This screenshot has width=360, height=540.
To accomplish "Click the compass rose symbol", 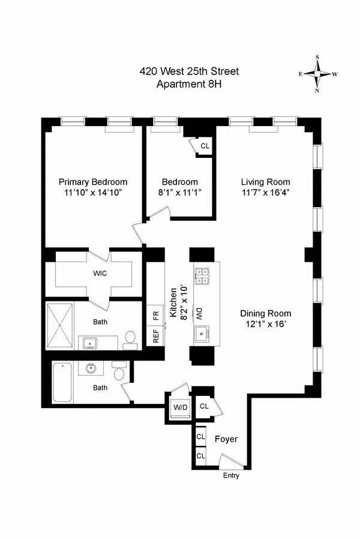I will pyautogui.click(x=317, y=74).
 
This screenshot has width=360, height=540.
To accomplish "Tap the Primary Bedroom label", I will pyautogui.click(x=93, y=182).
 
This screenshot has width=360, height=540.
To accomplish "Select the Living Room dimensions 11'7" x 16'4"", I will pyautogui.click(x=266, y=193).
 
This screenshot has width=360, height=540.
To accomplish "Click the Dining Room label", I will pyautogui.click(x=266, y=313).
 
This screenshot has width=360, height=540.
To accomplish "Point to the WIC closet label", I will pyautogui.click(x=100, y=273).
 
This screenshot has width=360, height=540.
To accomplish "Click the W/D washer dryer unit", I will pyautogui.click(x=180, y=408).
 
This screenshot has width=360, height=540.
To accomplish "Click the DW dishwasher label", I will pyautogui.click(x=199, y=313).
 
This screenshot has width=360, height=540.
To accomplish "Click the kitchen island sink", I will pyautogui.click(x=200, y=334).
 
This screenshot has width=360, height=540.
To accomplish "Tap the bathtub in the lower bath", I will pyautogui.click(x=62, y=382).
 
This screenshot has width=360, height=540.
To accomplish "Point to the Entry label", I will pyautogui.click(x=230, y=476).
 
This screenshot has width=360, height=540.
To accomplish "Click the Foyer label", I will pyautogui.click(x=226, y=439).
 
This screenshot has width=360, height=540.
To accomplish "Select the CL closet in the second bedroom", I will pyautogui.click(x=205, y=146).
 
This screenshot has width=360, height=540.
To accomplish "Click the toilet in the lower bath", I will pyautogui.click(x=119, y=374).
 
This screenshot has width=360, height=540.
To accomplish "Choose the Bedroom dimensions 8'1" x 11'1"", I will pyautogui.click(x=179, y=193).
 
